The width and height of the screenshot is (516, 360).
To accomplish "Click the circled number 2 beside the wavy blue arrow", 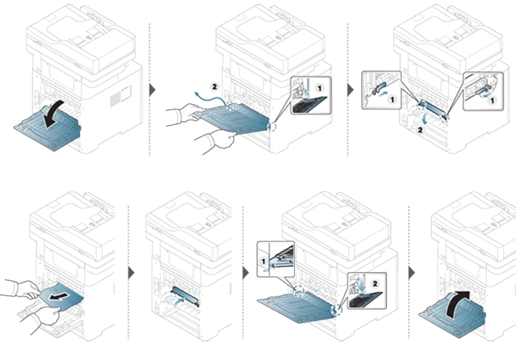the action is coord(215,86).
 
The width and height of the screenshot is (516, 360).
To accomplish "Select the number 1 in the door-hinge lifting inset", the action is coord(319,88).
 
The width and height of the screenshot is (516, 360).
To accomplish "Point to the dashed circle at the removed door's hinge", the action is coord(271,126).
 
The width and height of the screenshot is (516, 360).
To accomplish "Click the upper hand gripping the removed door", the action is coord(186,114).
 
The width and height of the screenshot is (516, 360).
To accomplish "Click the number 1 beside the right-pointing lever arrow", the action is coord(392,99).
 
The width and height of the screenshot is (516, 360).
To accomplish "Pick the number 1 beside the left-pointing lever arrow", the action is coord(492,100).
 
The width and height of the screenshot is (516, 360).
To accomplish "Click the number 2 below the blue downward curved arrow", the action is coord(420,130).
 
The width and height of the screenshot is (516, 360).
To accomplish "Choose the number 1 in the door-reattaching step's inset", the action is coord(263,261).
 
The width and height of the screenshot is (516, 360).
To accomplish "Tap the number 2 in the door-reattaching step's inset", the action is coord(374,283).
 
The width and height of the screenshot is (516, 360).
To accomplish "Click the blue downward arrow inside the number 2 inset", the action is coord(363,285).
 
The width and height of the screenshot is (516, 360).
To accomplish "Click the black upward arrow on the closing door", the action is coord(457,304).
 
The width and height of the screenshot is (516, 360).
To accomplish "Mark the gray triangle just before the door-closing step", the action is coord(411,273).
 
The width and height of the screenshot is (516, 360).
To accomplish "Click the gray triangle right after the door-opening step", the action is coord(153,90).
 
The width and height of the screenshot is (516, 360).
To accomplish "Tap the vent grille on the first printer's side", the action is coord(115,99).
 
